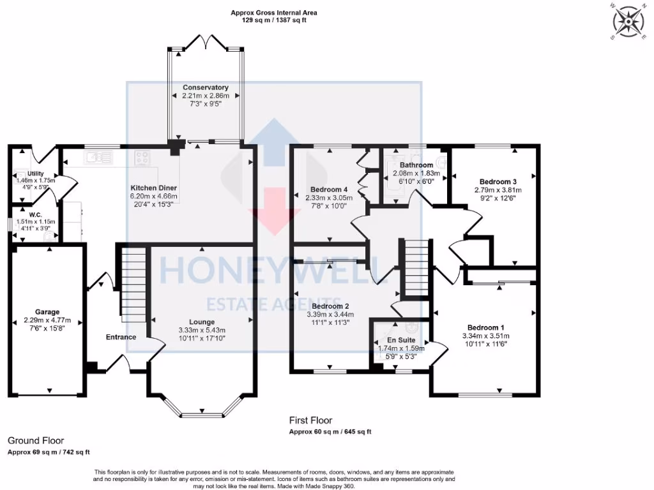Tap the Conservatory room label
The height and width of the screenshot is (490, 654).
[205, 87]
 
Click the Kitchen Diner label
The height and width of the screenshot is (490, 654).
[153, 188]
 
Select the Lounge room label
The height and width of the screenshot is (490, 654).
[202, 322]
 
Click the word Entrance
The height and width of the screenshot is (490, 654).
[121, 337]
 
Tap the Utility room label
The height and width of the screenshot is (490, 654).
[35, 173]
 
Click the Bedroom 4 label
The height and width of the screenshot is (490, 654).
[329, 189]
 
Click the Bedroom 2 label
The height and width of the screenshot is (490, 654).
[330, 306]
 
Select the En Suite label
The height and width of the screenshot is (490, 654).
[401, 340]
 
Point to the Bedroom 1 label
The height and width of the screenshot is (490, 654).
[485, 327]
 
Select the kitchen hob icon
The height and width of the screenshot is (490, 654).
[142, 156]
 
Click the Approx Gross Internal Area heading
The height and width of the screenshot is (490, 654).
[275, 13]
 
